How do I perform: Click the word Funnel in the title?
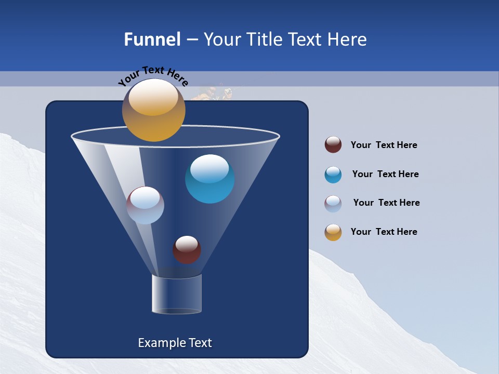pos(152,39)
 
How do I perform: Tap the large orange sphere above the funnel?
pos(153,110)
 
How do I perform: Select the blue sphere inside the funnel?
pos(209,179)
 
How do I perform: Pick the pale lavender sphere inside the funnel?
pos(145,205)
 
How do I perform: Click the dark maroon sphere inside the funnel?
pos(187,249)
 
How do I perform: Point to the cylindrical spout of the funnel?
pos(177,294)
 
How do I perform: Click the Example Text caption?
pos(175,343)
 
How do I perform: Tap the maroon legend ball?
pos(333,145)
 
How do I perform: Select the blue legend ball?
pos(333,175)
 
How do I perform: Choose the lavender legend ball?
pos(333,203)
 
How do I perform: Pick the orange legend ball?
pos(333,232)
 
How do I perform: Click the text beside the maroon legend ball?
pos(384,145)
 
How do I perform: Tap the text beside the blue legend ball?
pos(385,175)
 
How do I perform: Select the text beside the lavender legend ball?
pos(386,203)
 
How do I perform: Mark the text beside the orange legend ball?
pos(384,232)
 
